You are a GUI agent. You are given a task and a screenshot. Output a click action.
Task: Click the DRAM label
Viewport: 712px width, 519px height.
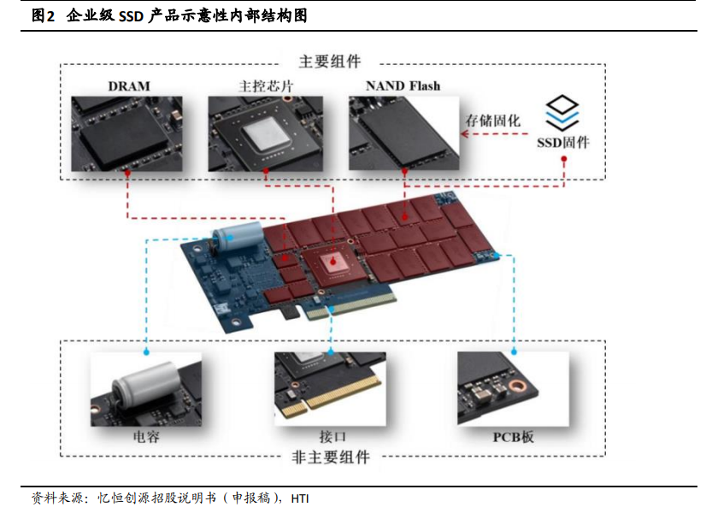tap(129, 86)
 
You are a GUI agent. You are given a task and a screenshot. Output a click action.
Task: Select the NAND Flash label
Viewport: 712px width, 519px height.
tap(403, 86)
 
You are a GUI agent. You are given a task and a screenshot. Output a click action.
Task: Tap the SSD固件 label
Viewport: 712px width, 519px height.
tap(562, 142)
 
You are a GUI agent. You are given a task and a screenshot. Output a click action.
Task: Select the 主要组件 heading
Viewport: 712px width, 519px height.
tap(331, 62)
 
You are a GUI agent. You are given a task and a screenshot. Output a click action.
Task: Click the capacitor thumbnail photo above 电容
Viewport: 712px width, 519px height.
tap(146, 390)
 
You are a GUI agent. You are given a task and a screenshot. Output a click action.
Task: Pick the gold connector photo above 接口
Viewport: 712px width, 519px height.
tap(331, 390)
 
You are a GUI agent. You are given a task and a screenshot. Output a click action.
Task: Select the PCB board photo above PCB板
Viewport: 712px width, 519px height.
tap(513, 390)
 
